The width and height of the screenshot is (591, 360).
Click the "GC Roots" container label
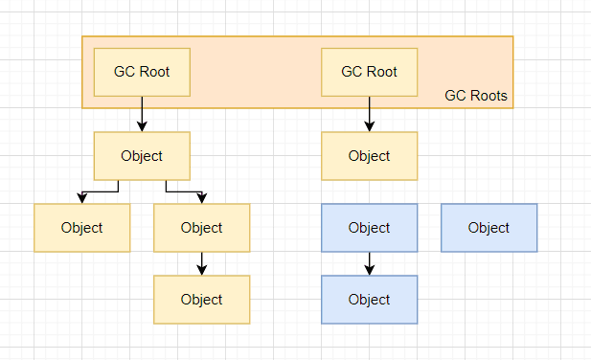(x=476, y=96)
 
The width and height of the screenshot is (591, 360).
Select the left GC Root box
(x=142, y=73)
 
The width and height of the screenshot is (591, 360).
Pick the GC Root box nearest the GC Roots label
(x=370, y=73)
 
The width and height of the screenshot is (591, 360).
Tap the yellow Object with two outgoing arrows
(x=142, y=156)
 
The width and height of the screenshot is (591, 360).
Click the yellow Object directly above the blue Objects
(x=370, y=156)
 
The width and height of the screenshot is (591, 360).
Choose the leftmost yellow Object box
(x=82, y=228)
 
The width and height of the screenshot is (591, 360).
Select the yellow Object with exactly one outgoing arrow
(x=202, y=228)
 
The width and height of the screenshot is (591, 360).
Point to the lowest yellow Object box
(x=202, y=300)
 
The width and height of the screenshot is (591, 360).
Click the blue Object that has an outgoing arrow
(x=370, y=228)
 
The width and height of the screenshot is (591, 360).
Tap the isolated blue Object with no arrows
(x=489, y=228)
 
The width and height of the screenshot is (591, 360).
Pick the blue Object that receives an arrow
(x=370, y=300)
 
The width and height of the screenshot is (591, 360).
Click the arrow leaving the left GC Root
(x=142, y=114)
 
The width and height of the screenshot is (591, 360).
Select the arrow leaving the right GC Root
(x=370, y=114)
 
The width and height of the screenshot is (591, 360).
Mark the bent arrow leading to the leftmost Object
(x=101, y=191)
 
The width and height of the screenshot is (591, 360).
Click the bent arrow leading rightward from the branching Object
(x=184, y=191)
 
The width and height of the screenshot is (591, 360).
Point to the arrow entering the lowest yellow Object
(x=202, y=263)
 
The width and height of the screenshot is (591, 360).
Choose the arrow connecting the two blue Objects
(x=370, y=263)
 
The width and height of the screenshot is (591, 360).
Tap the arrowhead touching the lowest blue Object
(x=370, y=270)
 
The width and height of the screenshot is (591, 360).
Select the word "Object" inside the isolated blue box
(x=489, y=228)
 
